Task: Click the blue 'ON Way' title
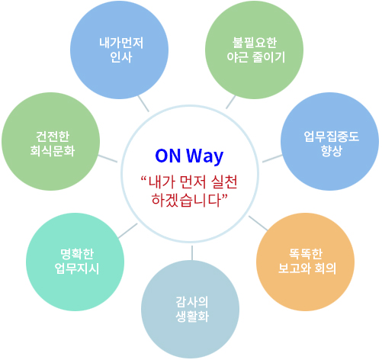coord(189,156)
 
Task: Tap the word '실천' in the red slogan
coord(224,182)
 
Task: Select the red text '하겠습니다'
coord(187,200)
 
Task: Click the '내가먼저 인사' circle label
coord(121,50)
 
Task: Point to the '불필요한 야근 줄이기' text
coord(255,50)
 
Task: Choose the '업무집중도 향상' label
coord(331,143)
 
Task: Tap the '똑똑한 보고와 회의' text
coord(307,261)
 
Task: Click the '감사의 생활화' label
coord(192,309)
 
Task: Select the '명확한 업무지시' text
coord(77,261)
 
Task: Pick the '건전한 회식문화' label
coord(53,143)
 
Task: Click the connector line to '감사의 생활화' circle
coord(192,252)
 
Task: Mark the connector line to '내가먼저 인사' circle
coord(143,104)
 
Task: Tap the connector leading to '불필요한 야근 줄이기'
coord(231,102)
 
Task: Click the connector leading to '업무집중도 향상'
coord(272,159)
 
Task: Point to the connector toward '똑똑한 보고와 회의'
coord(258,223)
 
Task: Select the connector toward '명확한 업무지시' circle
coord(128,231)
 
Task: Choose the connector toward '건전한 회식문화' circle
coord(108,159)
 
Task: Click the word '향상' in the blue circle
coord(331,151)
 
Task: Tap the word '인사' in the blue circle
coord(121,57)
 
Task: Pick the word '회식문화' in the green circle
coord(53,151)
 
